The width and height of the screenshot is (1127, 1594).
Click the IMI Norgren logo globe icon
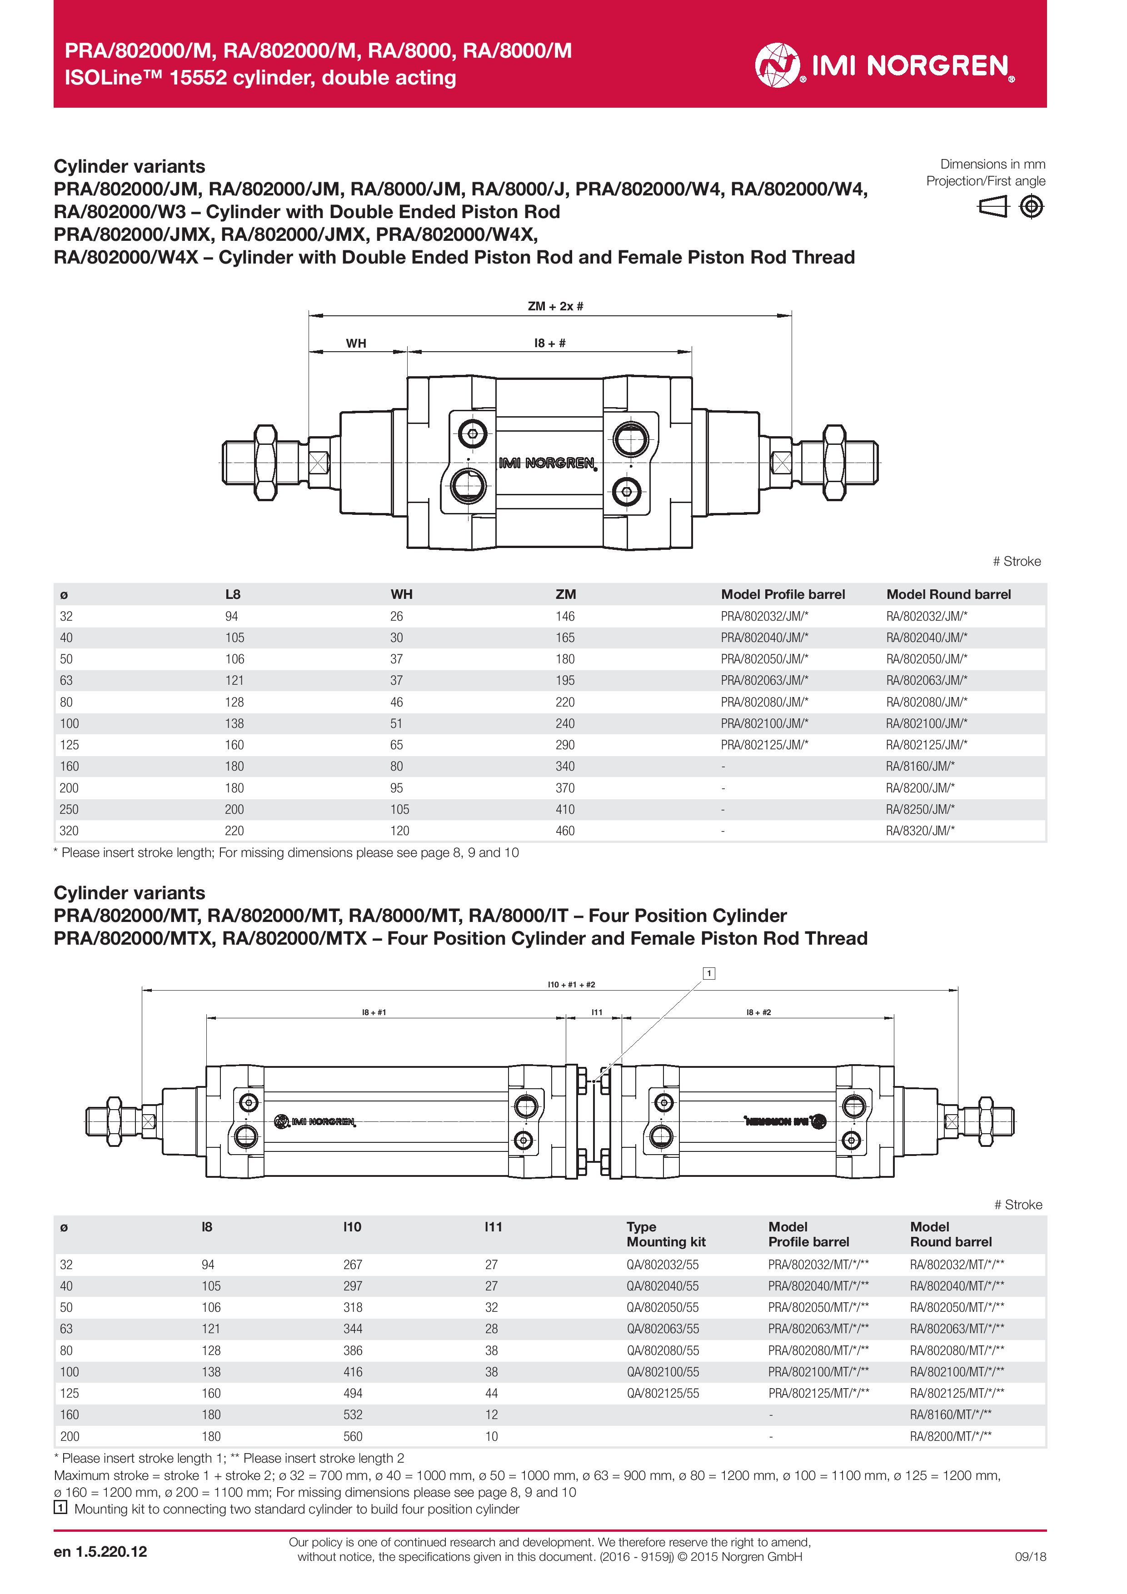(777, 65)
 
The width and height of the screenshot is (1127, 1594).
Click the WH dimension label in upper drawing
(356, 343)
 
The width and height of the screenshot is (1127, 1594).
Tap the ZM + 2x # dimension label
(555, 306)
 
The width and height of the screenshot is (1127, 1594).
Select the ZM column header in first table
(565, 594)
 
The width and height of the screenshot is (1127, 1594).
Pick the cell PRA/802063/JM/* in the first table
(764, 680)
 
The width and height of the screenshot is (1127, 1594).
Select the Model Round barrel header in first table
(948, 594)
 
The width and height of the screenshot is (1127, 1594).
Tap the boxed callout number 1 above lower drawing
(709, 973)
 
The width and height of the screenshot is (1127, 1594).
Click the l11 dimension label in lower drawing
(597, 1012)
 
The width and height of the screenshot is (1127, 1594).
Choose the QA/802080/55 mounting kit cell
(663, 1350)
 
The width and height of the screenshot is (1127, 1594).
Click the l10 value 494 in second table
(353, 1393)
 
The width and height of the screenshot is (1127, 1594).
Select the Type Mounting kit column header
(665, 1235)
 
